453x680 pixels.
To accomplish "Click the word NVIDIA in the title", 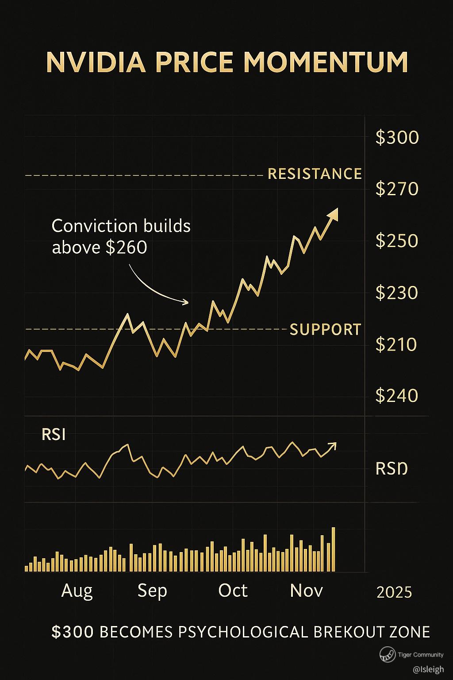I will (96, 62).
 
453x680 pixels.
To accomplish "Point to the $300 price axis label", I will (397, 138).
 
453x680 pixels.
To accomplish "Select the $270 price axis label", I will (397, 189).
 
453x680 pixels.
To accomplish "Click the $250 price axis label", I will (397, 241).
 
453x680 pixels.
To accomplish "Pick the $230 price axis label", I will (397, 293).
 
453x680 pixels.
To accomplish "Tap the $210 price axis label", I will (396, 344).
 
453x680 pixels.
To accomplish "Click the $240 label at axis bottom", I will (397, 395).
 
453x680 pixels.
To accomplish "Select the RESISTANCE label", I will (315, 174).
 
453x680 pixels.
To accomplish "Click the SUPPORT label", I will (325, 330).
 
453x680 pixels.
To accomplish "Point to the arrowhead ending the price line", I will (333, 214).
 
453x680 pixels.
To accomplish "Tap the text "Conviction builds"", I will (121, 226).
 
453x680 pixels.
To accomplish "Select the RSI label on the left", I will (54, 435).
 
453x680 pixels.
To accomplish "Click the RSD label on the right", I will (391, 468).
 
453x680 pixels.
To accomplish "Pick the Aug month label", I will (77, 591).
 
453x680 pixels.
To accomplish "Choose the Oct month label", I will (233, 591).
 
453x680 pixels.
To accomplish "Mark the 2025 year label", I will (394, 592).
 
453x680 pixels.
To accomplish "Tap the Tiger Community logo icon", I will (388, 655).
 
